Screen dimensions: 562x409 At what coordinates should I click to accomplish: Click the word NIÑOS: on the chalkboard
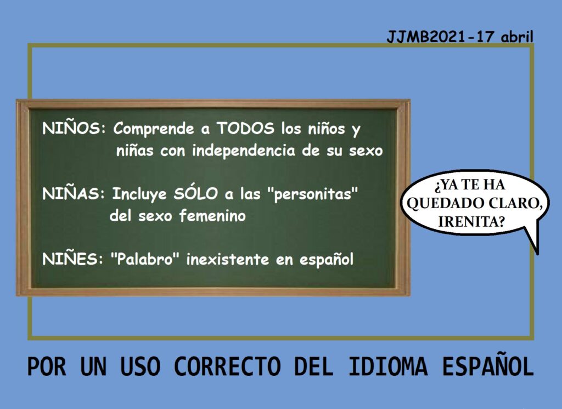74,128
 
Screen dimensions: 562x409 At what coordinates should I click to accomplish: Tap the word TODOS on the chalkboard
245,128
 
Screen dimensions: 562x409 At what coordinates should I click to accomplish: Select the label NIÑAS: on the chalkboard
74,194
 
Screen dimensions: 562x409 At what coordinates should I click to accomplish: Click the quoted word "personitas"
313,194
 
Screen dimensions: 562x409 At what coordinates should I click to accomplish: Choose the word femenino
212,216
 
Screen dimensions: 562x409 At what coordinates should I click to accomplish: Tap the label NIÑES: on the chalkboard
73,259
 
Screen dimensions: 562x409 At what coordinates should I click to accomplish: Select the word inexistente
228,259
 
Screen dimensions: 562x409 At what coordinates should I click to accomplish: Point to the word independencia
244,150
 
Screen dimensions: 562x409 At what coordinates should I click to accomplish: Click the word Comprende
154,129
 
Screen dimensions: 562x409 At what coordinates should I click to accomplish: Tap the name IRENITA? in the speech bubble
471,222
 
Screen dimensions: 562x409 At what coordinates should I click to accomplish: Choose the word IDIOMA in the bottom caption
388,366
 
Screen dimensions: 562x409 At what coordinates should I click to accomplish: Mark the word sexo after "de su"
366,151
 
